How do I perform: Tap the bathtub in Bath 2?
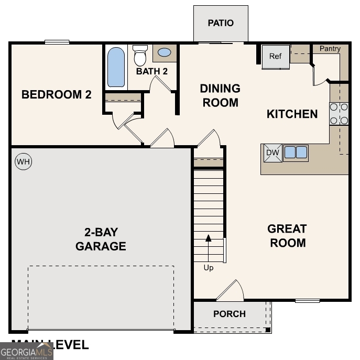[116, 67]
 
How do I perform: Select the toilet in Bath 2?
[140, 56]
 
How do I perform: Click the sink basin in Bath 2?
[164, 52]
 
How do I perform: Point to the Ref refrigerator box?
[276, 57]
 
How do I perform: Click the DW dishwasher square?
[272, 153]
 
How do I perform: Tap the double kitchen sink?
[296, 152]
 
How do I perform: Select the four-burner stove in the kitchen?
[339, 114]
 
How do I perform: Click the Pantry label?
[330, 49]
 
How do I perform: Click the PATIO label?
[221, 23]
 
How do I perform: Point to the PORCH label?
[230, 314]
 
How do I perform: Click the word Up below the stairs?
[209, 268]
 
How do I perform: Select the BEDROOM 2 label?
[57, 95]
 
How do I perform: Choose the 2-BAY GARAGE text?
[101, 239]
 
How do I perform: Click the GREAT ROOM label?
[287, 236]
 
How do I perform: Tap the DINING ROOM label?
[220, 95]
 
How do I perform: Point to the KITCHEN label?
[292, 114]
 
